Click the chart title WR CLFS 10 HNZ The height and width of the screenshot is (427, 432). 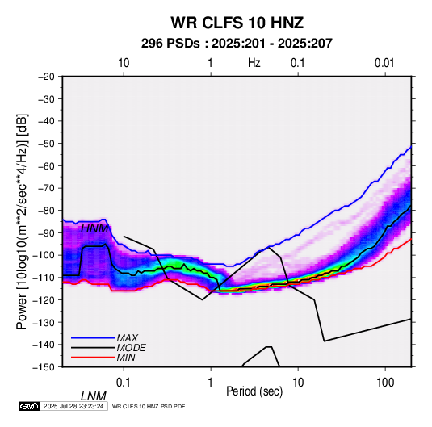coord(237,23)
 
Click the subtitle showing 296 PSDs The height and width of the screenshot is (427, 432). coord(237,44)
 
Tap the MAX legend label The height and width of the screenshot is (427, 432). coord(127,337)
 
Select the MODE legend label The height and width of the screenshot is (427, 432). coord(131,348)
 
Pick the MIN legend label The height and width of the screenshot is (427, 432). coord(126,358)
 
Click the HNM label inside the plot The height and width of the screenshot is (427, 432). coord(94,228)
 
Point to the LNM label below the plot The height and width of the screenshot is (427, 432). coord(94,396)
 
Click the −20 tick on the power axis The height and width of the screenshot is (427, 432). coord(47,77)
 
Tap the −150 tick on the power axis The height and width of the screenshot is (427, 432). coord(44,367)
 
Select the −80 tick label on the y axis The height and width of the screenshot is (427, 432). coord(47,211)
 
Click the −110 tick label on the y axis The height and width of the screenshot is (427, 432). coord(44,278)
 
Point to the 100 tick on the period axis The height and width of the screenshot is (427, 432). coord(385,383)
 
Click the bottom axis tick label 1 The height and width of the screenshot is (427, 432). coord(211,383)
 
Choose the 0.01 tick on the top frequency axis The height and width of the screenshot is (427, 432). coord(384,63)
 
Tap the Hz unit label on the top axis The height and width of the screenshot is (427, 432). coord(254,63)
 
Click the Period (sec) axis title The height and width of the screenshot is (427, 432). coord(254,391)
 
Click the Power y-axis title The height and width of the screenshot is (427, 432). coord(22,221)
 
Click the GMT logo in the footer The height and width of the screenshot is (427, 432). coord(29,406)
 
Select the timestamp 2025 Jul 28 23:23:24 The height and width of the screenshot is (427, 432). coord(73,406)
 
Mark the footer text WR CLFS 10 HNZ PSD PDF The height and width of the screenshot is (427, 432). coord(149,406)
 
